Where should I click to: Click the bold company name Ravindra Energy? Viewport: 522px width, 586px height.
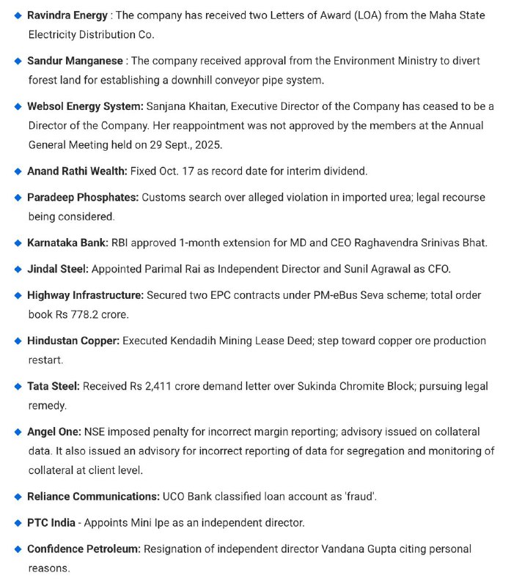click(68, 15)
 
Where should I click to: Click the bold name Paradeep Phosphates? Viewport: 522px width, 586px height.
click(83, 197)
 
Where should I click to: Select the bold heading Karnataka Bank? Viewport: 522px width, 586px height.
click(68, 242)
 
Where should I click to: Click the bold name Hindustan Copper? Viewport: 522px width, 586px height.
click(73, 341)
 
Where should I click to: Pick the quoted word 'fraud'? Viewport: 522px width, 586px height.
click(360, 496)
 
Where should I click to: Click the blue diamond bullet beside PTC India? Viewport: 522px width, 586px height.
click(18, 522)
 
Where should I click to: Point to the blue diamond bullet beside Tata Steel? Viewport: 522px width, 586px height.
click(18, 386)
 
